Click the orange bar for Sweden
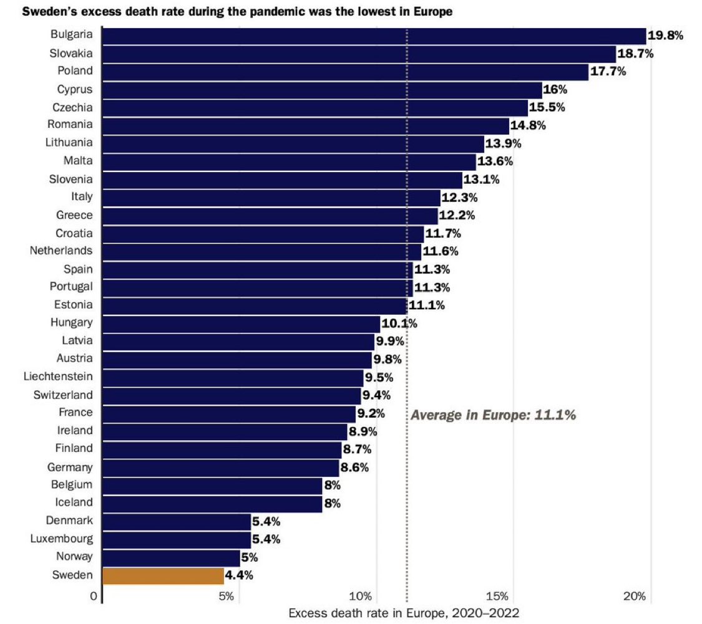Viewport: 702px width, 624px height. (163, 575)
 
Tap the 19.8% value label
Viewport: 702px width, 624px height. (665, 36)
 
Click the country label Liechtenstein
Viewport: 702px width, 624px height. (58, 377)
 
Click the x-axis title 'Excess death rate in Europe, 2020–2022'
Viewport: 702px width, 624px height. (404, 612)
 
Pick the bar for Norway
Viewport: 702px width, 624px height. (171, 557)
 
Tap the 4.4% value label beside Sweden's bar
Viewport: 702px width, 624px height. (238, 575)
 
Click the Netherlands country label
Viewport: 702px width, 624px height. (61, 251)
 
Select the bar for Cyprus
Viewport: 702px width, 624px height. (321, 90)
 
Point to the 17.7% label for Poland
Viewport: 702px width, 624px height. (608, 72)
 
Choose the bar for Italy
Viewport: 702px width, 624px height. (271, 198)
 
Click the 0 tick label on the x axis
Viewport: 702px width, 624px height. (94, 597)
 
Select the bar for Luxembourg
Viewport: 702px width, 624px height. (176, 539)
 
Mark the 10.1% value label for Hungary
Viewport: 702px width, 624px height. (399, 324)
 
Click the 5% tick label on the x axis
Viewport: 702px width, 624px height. (226, 597)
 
